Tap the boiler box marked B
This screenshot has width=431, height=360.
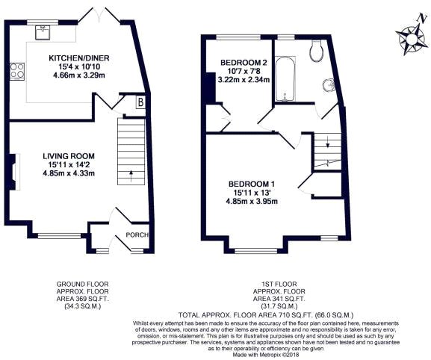coord(140,103)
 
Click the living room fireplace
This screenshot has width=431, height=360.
coord(13,167)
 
